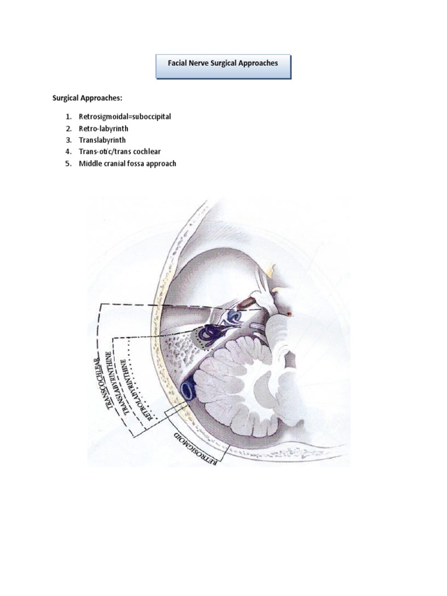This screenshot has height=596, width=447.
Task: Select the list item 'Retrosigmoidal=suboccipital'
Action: point(125,116)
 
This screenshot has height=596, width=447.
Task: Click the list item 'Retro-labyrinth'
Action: point(104,128)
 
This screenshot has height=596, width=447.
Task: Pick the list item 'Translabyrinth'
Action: point(102,140)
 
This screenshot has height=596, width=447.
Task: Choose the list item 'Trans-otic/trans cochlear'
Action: point(120,152)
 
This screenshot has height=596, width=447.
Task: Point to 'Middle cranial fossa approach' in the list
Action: point(127,164)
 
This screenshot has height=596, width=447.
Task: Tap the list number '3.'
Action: point(68,140)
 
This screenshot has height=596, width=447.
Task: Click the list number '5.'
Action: point(68,164)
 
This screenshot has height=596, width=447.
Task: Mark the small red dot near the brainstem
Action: point(289,314)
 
